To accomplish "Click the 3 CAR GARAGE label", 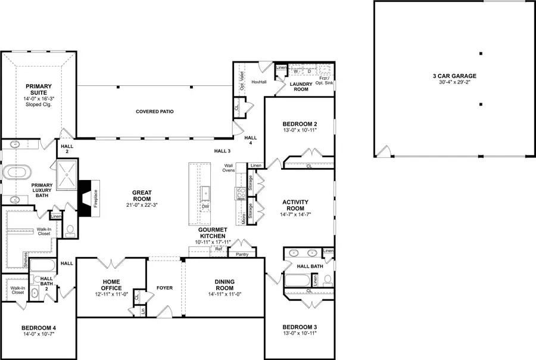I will (x=454, y=76).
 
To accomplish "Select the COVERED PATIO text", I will (x=154, y=111).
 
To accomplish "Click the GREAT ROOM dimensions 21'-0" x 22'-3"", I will (x=142, y=204).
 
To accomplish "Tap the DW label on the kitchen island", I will (x=205, y=206).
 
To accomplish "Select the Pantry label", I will (x=242, y=254).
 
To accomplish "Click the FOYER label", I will (x=164, y=288).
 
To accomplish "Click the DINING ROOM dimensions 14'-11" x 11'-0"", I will (x=225, y=294).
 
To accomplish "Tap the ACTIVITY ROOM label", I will (x=295, y=206).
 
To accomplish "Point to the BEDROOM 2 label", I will (x=300, y=124).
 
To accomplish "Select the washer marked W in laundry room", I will (x=295, y=71).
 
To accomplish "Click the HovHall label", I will (x=258, y=82).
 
